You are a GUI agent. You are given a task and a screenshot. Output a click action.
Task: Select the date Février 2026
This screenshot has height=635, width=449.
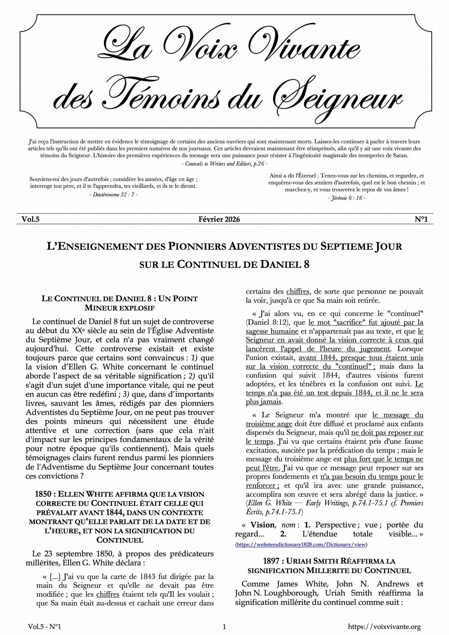coord(219,219)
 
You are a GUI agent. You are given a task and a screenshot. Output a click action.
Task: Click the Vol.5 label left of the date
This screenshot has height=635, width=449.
coord(31,219)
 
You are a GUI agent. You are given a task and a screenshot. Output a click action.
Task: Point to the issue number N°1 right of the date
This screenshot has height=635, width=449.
coord(421,219)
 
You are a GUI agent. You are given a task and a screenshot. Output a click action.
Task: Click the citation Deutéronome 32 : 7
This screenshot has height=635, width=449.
coord(113,194)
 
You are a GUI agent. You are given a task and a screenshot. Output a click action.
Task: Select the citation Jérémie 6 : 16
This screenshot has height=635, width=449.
coord(347,198)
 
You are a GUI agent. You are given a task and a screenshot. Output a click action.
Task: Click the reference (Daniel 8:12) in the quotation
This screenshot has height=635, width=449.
coord(267,322)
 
